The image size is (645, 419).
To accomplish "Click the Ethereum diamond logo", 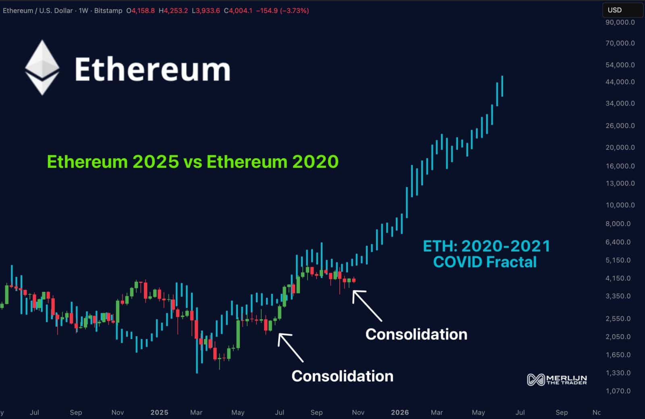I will coord(42,68).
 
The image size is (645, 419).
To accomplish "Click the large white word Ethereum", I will coord(152,69).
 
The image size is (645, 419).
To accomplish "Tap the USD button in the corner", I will coord(615,10).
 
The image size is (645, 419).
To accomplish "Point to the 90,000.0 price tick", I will coord(620,23).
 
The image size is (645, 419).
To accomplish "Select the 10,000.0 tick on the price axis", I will coord(620,205).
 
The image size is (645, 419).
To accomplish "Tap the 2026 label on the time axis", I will coord(399,412).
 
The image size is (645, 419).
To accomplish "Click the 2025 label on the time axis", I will coord(159,412).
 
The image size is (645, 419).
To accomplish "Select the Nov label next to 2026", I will coord(358,412).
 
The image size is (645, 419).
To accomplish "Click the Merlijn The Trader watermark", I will coord(557,379).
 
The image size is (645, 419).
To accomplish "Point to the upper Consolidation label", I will coord(416,334).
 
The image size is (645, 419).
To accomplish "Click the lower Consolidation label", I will coord(342,376).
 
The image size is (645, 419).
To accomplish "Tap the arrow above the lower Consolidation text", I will coord(290,347).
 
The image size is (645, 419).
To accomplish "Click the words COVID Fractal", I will coord(485,262).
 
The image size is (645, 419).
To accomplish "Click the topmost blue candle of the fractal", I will coord(502,86).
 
